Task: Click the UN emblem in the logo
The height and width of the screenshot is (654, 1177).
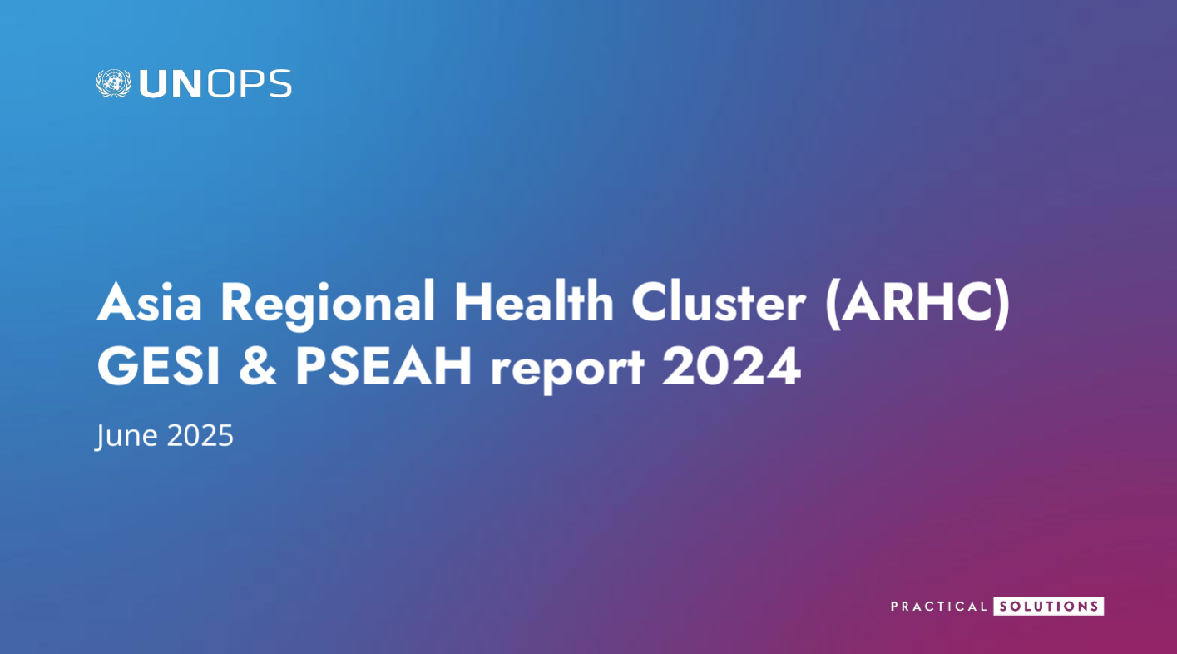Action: [113, 83]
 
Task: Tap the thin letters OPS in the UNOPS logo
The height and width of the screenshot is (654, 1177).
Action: [250, 83]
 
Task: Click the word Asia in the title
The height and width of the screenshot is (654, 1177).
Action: [150, 303]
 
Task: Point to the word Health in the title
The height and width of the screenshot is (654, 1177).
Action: [534, 300]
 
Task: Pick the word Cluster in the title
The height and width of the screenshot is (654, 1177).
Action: [719, 302]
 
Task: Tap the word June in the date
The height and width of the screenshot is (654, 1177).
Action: [126, 436]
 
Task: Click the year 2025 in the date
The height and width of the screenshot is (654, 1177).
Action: [200, 435]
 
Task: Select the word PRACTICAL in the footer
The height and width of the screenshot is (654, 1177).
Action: [938, 607]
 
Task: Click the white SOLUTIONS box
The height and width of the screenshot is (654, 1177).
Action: [1049, 607]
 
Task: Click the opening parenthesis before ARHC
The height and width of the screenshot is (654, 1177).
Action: [833, 304]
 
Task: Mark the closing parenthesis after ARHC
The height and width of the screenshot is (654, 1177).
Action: [1002, 304]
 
